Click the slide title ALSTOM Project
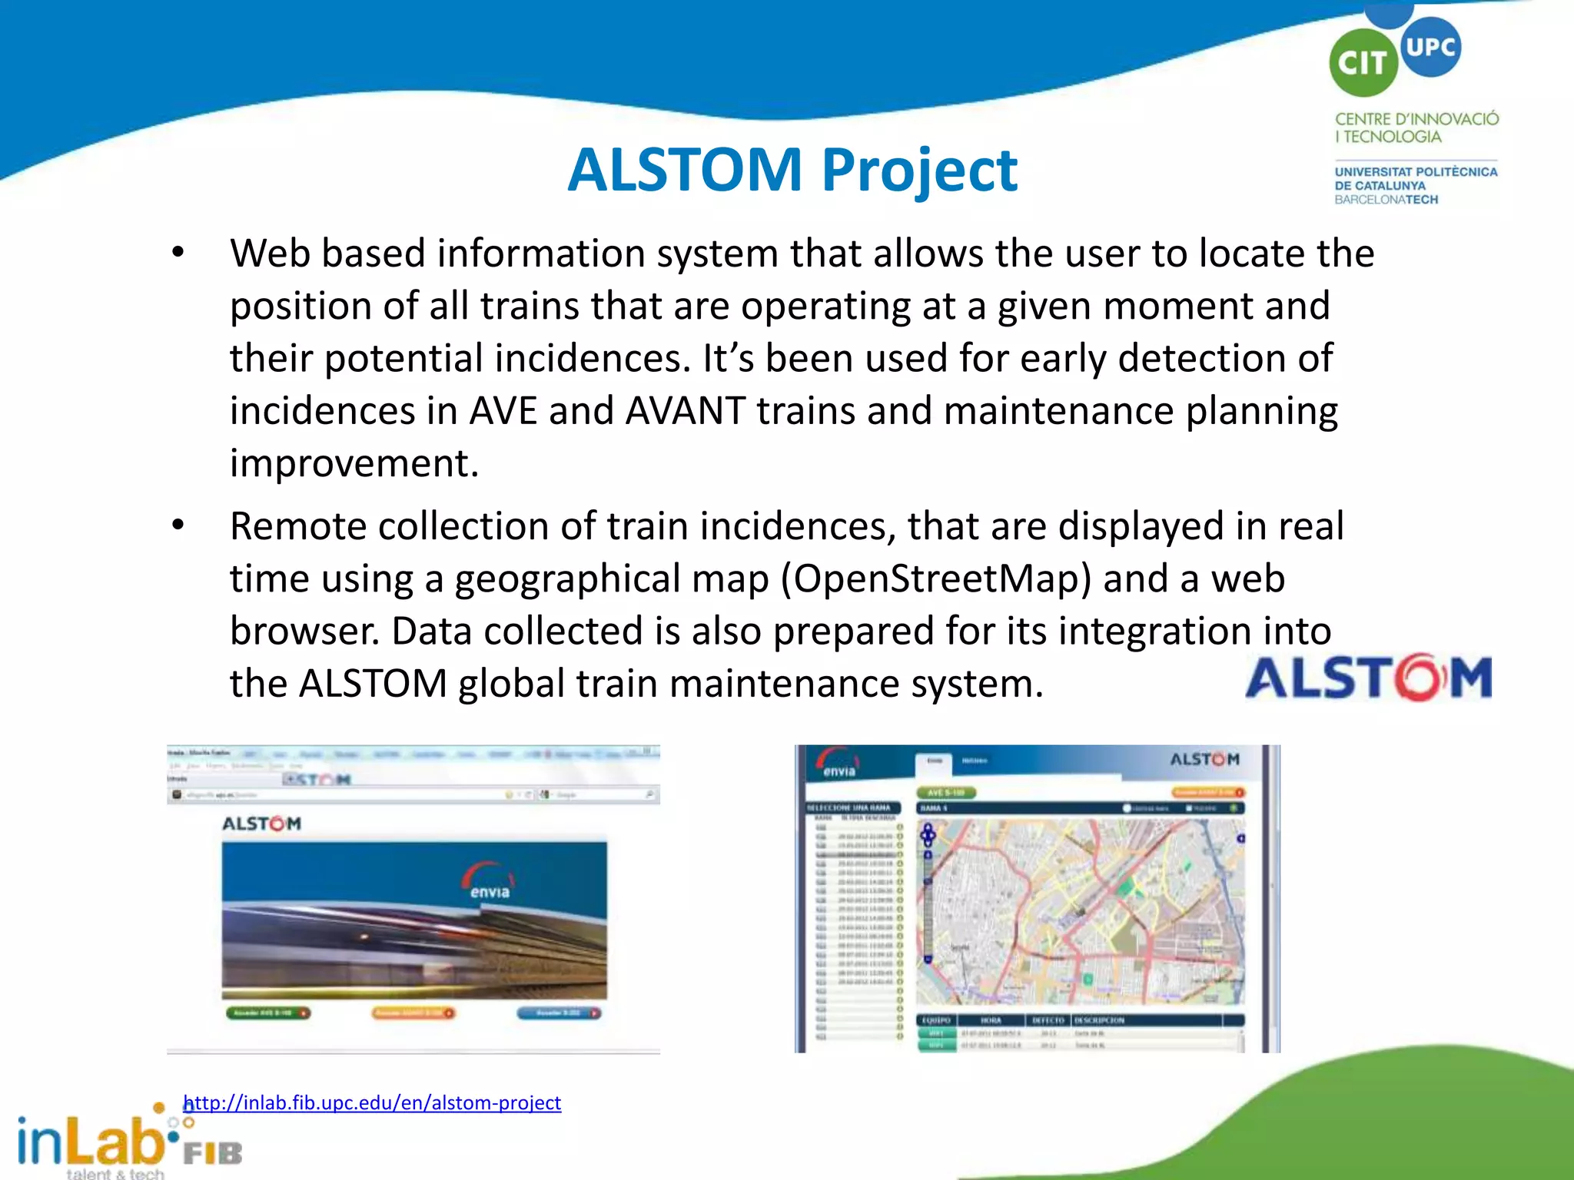[x=792, y=170]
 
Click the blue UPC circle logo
[x=1430, y=47]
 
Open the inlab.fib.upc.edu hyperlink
[x=373, y=1102]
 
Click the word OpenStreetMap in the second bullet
[x=941, y=578]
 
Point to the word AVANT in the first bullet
[x=685, y=410]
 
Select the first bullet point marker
[x=178, y=253]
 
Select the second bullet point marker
[x=178, y=525]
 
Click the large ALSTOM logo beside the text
[x=1368, y=677]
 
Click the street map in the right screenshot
[x=1080, y=912]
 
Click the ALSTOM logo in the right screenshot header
[x=1204, y=759]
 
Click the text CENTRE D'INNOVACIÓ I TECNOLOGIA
[x=1416, y=128]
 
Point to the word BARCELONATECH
[x=1386, y=200]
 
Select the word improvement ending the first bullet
[x=354, y=464]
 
